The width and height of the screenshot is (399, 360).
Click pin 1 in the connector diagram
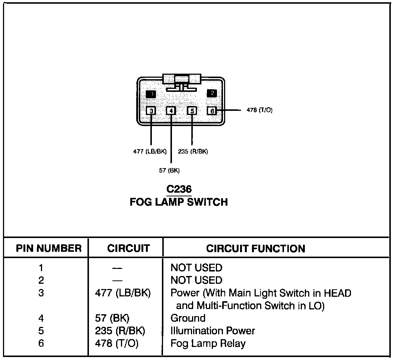pos(151,94)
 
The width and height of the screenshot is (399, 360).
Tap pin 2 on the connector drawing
pos(211,93)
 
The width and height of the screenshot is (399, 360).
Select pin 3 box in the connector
pos(151,110)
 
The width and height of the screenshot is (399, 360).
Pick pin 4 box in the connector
pos(171,110)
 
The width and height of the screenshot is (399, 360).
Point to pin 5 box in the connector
pos(192,110)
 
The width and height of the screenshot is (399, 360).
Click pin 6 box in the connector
pos(212,110)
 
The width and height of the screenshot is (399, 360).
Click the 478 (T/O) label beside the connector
pos(259,110)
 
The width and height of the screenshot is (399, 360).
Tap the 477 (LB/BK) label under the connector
pos(150,151)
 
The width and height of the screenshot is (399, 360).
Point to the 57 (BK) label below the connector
pos(169,171)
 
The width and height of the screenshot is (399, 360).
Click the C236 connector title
pos(179,189)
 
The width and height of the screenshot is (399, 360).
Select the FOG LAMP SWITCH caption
pos(179,202)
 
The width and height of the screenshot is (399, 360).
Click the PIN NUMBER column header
pos(49,248)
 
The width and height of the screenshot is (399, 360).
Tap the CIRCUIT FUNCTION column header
pos(256,248)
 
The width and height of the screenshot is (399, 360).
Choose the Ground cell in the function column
pos(188,318)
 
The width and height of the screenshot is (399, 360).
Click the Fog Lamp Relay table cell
pos(208,343)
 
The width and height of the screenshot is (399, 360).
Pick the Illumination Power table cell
pos(213,331)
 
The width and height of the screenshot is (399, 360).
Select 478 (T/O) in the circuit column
pos(117,343)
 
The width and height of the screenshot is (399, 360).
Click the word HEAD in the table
pos(337,293)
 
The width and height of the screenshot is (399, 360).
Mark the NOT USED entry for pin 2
pos(196,280)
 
